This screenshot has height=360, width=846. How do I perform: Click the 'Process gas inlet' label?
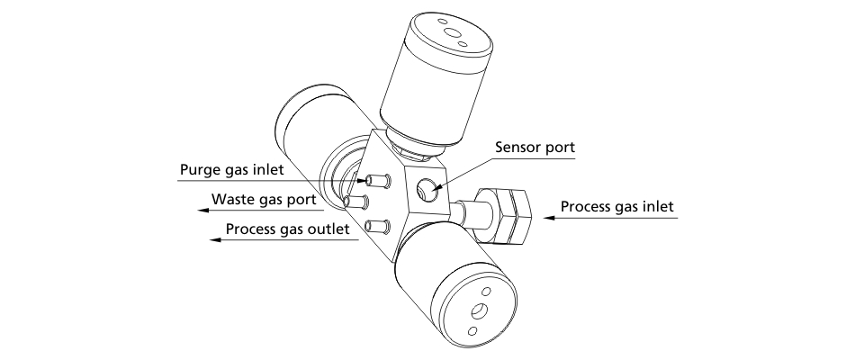(616, 207)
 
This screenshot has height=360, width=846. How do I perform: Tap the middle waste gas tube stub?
(357, 201)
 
